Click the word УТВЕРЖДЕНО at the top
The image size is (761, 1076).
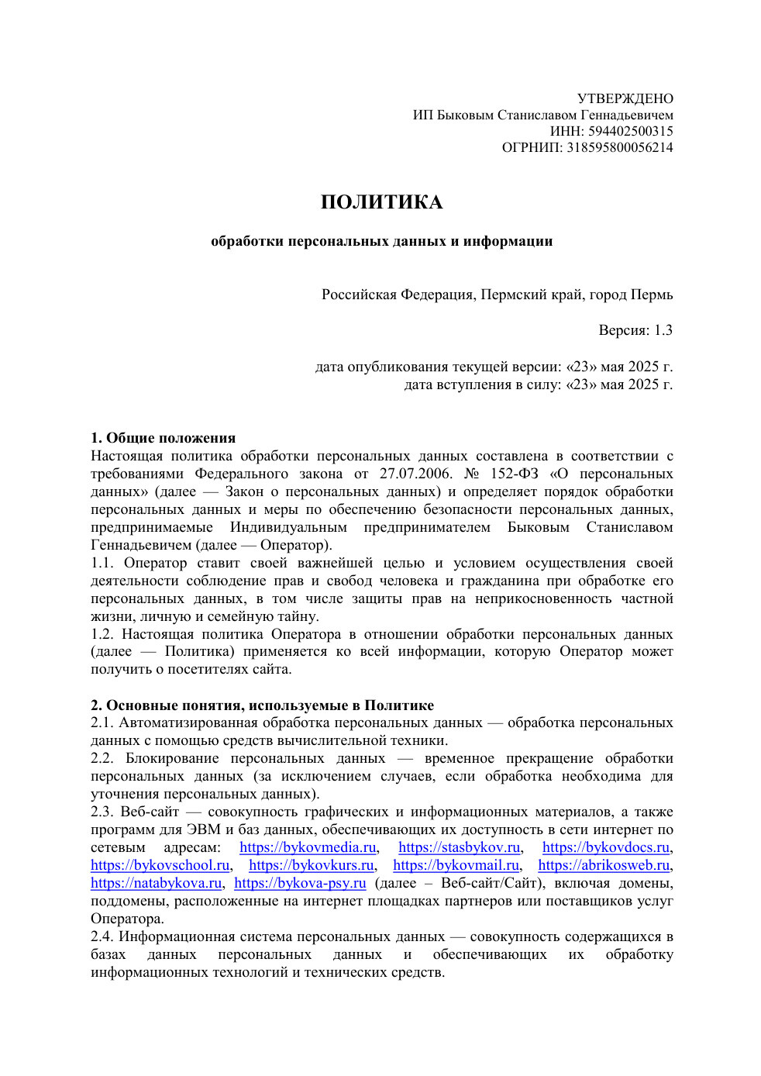(625, 98)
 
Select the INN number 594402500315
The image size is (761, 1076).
(630, 131)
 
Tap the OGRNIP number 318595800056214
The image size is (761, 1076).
(619, 147)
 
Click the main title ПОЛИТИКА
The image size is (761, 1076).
(381, 202)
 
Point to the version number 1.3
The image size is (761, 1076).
(663, 330)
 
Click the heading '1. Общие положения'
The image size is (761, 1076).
(163, 438)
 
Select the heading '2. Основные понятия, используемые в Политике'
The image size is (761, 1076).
(262, 705)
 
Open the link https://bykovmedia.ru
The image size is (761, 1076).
(308, 847)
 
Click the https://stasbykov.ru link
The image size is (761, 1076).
(459, 847)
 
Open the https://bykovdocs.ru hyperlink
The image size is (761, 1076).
(605, 847)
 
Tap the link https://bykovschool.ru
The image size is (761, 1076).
(160, 865)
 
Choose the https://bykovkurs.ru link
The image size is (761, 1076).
(312, 865)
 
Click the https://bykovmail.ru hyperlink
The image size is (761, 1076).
(456, 865)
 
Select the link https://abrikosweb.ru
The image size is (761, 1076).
(604, 865)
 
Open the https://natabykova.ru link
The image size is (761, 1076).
(156, 883)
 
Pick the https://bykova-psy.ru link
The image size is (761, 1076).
(300, 883)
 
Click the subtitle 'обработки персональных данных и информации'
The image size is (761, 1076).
(381, 241)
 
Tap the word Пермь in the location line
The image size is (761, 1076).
(652, 295)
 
